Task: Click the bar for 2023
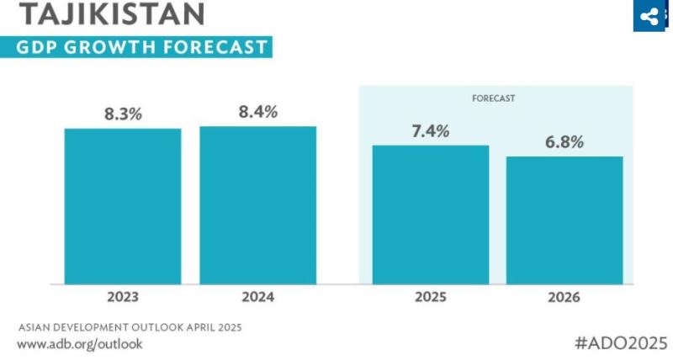pyautogui.click(x=123, y=206)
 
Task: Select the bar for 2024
pyautogui.click(x=257, y=205)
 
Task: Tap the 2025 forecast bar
pyautogui.click(x=431, y=214)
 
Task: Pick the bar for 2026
pyautogui.click(x=564, y=220)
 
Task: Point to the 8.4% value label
pyautogui.click(x=257, y=112)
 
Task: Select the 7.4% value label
pyautogui.click(x=431, y=131)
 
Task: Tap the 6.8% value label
pyautogui.click(x=564, y=142)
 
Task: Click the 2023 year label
pyautogui.click(x=123, y=297)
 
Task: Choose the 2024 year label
pyautogui.click(x=257, y=297)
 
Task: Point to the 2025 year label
pyautogui.click(x=431, y=297)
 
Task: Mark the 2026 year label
pyautogui.click(x=564, y=297)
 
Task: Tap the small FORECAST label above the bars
pyautogui.click(x=493, y=98)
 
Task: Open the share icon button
pyautogui.click(x=649, y=16)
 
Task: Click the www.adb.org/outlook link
pyautogui.click(x=80, y=343)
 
